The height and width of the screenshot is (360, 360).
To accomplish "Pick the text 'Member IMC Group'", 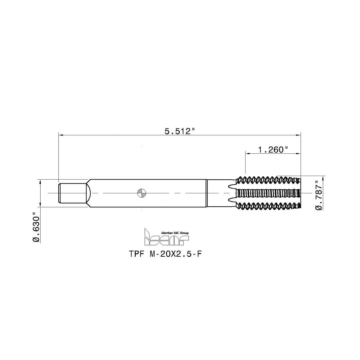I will pyautogui.click(x=174, y=233).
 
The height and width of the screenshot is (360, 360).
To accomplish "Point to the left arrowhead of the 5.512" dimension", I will pyautogui.click(x=60, y=135).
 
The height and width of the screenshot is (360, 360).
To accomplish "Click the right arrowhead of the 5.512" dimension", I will pyautogui.click(x=299, y=135).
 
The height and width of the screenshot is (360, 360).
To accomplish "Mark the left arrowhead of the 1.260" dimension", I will pyautogui.click(x=248, y=154).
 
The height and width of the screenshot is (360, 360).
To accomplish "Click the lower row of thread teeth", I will pyautogui.click(x=268, y=206).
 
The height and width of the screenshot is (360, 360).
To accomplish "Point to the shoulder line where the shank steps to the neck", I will pyautogui.click(x=206, y=193).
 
